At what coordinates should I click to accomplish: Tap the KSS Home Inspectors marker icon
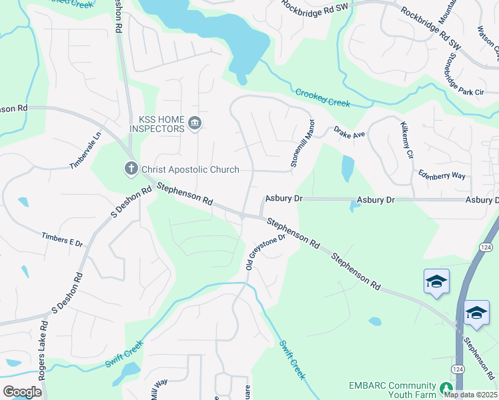pyautogui.click(x=195, y=123)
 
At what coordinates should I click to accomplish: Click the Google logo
pyautogui.click(x=22, y=392)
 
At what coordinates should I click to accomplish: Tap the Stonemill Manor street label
pyautogui.click(x=302, y=143)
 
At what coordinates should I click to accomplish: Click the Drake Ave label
pyautogui.click(x=350, y=134)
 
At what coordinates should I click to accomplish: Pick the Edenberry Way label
pyautogui.click(x=442, y=175)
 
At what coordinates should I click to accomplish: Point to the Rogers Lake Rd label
pyautogui.click(x=43, y=360)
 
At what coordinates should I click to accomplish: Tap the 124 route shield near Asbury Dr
pyautogui.click(x=486, y=247)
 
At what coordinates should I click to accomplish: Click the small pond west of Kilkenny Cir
pyautogui.click(x=347, y=169)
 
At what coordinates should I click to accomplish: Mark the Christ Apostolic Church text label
pyautogui.click(x=190, y=169)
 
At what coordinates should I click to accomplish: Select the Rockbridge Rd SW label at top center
pyautogui.click(x=314, y=6)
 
